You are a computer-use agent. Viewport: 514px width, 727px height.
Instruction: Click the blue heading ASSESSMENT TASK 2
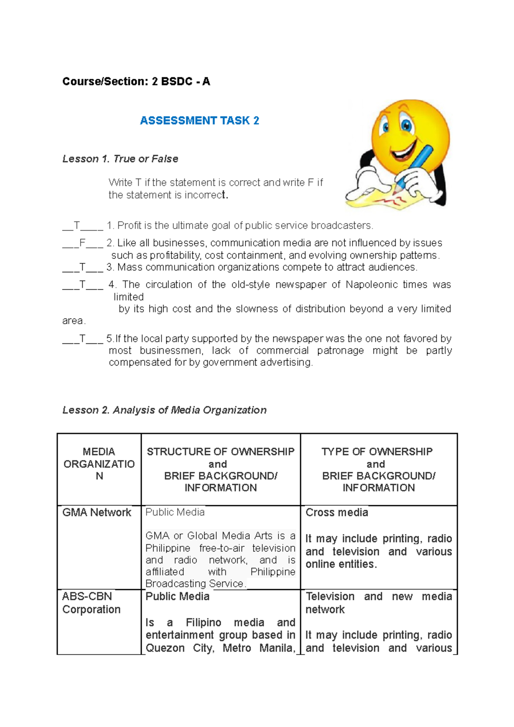(x=199, y=121)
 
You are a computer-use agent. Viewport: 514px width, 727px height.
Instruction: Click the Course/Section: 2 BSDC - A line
(x=136, y=81)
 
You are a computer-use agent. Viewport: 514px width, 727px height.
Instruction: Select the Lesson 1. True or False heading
(x=120, y=159)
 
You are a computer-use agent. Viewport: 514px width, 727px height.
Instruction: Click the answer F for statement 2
(x=82, y=243)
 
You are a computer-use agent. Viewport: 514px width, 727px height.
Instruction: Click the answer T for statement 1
(x=77, y=226)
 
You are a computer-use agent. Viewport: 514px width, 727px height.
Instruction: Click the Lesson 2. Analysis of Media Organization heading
(x=164, y=410)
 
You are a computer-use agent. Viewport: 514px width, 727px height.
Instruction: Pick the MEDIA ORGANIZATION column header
(x=99, y=464)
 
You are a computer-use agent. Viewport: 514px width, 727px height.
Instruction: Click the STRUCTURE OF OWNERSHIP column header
(x=221, y=452)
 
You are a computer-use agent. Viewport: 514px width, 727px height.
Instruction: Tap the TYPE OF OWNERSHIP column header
(x=377, y=452)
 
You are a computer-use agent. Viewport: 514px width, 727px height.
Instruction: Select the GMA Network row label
(x=97, y=512)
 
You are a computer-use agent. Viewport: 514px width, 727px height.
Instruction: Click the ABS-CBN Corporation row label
(x=91, y=603)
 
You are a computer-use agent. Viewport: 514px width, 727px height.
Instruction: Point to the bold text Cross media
(x=337, y=512)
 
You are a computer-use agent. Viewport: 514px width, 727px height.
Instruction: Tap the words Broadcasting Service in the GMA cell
(x=194, y=584)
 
